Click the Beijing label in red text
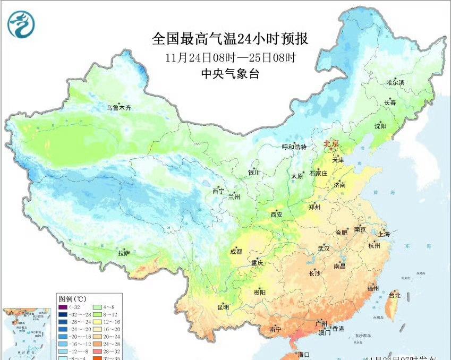point(332,143)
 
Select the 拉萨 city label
point(124,254)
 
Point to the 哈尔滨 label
point(395,83)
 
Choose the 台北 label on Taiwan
point(395,295)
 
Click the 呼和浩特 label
point(294,147)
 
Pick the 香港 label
point(338,328)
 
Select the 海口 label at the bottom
point(303,355)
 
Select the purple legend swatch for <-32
point(63,307)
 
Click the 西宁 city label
point(218,191)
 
